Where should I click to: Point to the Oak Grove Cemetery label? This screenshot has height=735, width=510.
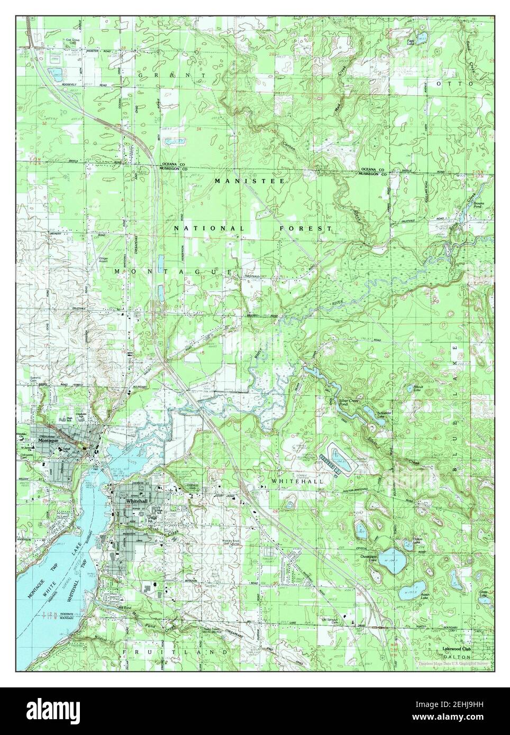click(x=57, y=41)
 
